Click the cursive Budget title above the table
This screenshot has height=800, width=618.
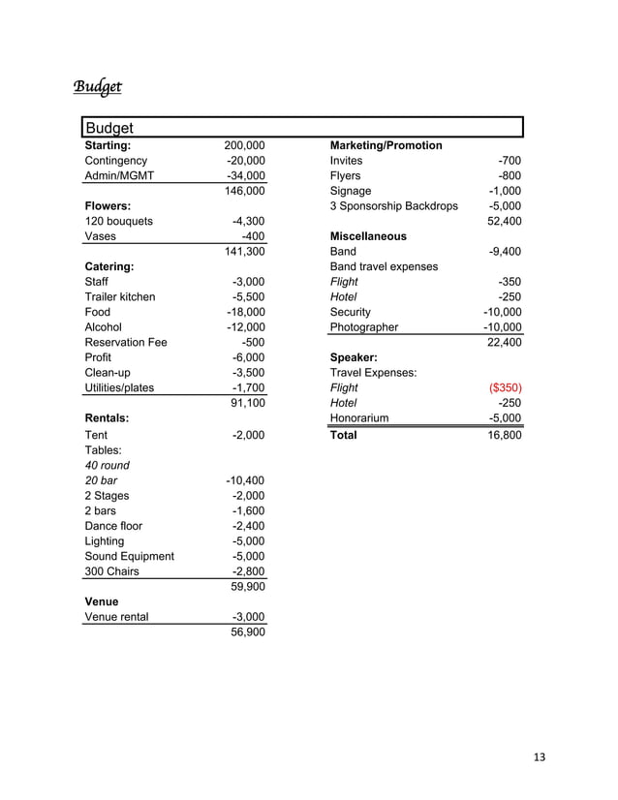[98, 88]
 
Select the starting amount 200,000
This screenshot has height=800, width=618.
[245, 145]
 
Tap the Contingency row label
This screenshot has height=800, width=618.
[116, 161]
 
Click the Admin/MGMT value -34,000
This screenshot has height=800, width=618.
[245, 176]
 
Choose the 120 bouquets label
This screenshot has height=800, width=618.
[119, 221]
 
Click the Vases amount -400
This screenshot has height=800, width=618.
[253, 236]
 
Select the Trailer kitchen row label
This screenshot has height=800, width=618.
[120, 296]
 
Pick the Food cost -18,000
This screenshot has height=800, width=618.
[245, 312]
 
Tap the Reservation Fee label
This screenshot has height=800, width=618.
[126, 343]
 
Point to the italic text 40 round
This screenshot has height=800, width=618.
[108, 465]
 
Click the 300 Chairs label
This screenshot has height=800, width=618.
[112, 571]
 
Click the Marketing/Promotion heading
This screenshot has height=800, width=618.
[386, 145]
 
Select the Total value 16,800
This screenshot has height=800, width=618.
[503, 435]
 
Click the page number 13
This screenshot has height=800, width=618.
[539, 757]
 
